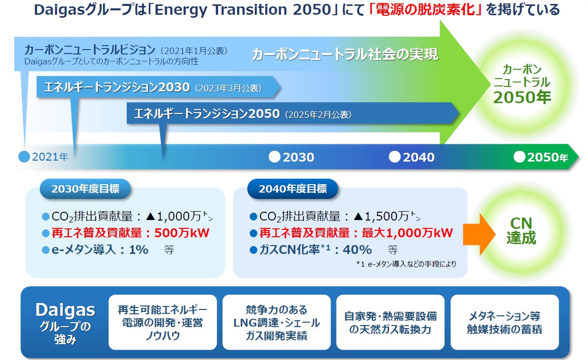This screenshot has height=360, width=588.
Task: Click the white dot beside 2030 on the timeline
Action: tap(275, 157)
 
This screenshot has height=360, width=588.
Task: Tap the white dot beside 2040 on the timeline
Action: tap(394, 157)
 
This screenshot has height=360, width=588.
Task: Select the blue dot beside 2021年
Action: tap(24, 157)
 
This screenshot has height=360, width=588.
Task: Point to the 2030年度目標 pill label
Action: tap(85, 189)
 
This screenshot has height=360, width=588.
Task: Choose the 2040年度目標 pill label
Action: tap(292, 189)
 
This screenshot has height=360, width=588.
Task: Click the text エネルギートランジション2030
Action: tap(117, 87)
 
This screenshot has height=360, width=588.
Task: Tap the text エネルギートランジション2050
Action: tap(207, 113)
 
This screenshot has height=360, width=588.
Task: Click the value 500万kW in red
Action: tap(182, 233)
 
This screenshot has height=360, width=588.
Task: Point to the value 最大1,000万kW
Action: tap(407, 233)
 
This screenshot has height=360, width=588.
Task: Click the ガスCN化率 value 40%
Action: tap(358, 249)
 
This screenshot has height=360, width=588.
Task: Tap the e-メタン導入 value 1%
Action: tap(139, 249)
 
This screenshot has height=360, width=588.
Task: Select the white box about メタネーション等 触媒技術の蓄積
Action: tap(504, 322)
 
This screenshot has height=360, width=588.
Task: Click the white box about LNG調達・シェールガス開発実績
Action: tap(277, 322)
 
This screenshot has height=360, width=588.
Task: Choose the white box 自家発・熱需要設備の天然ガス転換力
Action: tap(391, 322)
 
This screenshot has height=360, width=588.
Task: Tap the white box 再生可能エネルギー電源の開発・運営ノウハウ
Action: tap(163, 322)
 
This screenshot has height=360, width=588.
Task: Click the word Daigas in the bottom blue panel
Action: tap(65, 310)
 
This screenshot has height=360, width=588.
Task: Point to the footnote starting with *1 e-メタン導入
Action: tap(406, 264)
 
